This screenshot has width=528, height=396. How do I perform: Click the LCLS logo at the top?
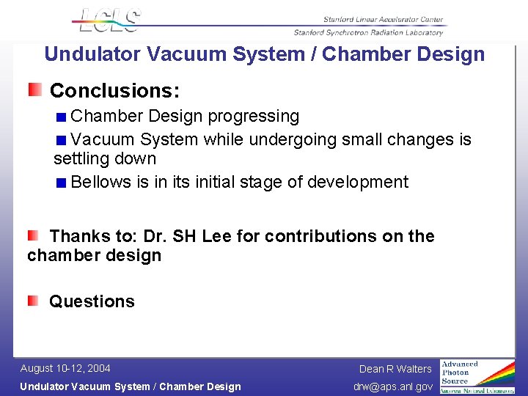[109, 20]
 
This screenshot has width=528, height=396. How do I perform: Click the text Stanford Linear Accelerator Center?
[383, 20]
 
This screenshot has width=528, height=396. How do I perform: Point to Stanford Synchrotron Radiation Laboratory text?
[368, 32]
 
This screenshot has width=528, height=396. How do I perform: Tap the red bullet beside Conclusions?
[35, 90]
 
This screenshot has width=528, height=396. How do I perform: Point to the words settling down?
[105, 158]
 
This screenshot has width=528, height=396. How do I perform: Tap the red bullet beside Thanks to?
[34, 236]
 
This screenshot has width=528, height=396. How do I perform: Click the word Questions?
[92, 301]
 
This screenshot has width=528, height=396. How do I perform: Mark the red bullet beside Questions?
[34, 301]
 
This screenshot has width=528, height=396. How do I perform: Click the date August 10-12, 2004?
[65, 368]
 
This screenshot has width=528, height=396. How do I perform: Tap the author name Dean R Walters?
[395, 369]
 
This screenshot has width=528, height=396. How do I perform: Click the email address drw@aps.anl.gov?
[393, 386]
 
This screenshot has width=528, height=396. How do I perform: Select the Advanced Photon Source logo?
[477, 376]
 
